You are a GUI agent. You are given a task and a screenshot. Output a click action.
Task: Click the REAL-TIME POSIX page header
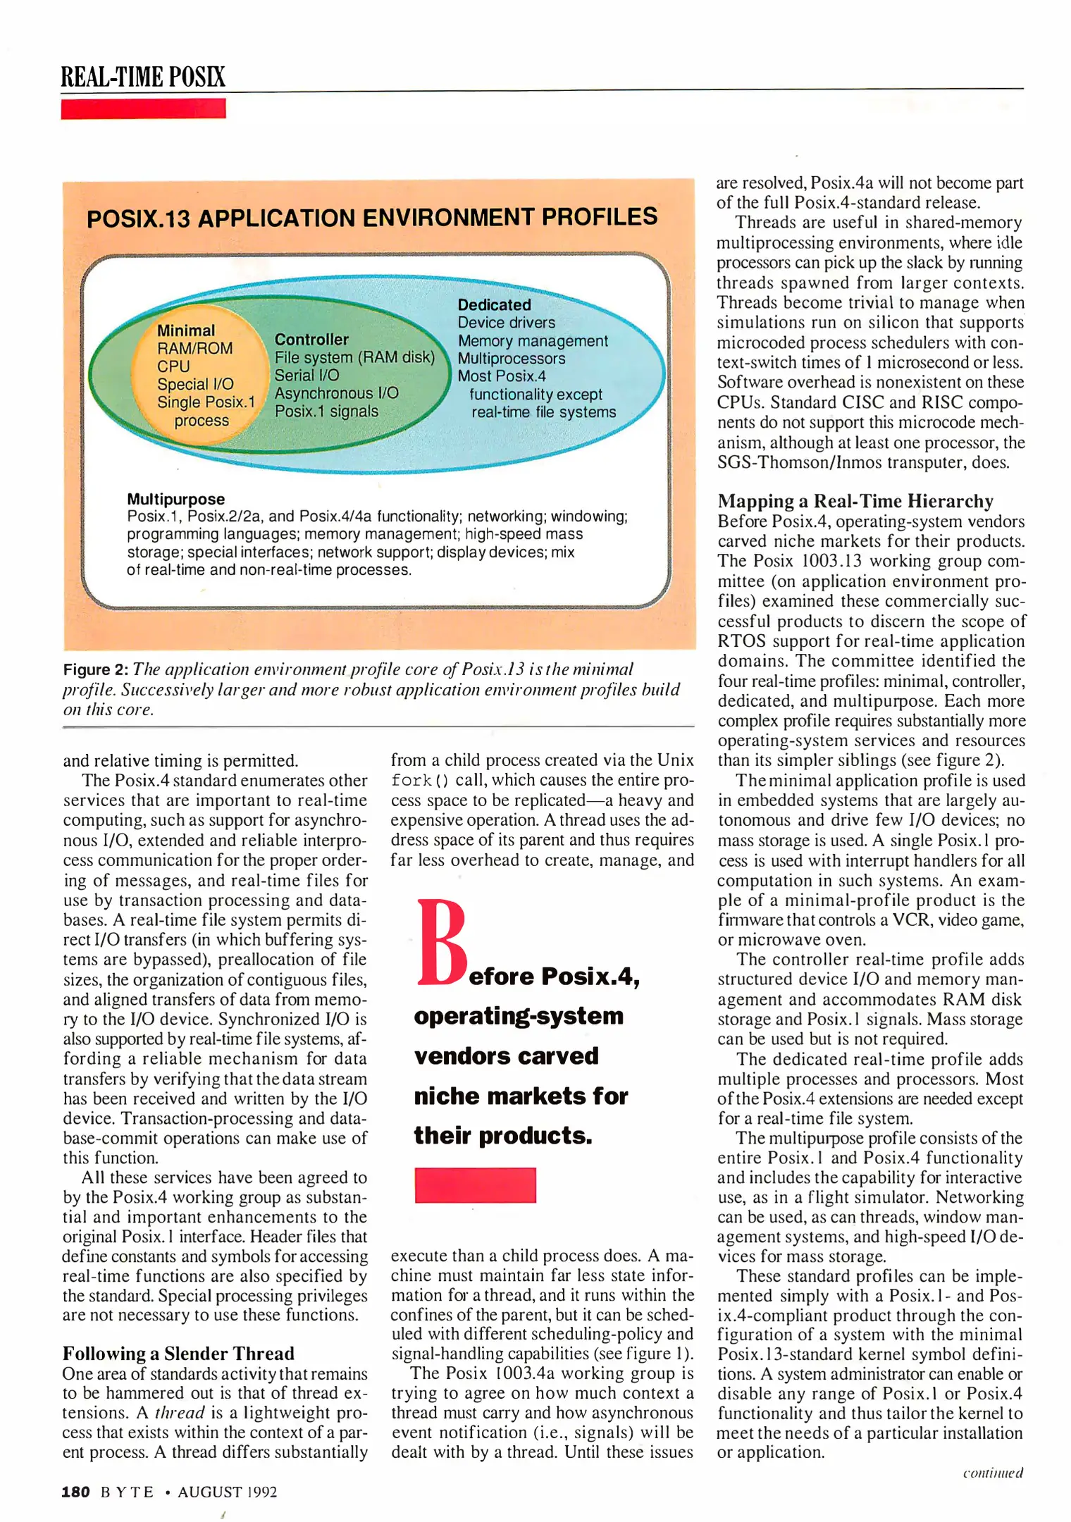(142, 76)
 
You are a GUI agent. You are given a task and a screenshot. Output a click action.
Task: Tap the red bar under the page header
(142, 109)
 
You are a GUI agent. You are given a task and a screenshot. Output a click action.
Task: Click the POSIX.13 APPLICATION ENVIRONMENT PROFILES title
(371, 217)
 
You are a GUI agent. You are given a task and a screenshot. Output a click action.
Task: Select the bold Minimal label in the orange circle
(185, 330)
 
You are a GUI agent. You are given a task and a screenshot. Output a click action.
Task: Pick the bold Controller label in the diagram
(311, 339)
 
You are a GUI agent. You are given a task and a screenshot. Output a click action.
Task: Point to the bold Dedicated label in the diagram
(494, 304)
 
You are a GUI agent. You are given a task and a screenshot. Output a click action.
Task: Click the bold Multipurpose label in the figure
(175, 499)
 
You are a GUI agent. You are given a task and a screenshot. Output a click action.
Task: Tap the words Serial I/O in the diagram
(307, 375)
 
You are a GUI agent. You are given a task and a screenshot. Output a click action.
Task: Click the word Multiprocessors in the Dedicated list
(511, 358)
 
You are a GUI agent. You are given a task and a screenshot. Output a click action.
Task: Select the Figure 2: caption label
(95, 669)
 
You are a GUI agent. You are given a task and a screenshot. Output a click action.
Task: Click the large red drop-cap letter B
(441, 942)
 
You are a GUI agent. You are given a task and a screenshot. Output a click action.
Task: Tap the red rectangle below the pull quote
(475, 1184)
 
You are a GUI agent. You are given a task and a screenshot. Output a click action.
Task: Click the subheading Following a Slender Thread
(178, 1353)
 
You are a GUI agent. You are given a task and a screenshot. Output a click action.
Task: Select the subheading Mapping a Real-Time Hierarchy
(855, 501)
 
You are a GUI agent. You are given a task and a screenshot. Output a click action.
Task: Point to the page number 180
(75, 1492)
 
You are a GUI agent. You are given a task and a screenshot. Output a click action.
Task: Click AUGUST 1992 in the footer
(227, 1492)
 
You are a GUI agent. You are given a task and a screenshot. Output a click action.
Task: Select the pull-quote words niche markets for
(520, 1096)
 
